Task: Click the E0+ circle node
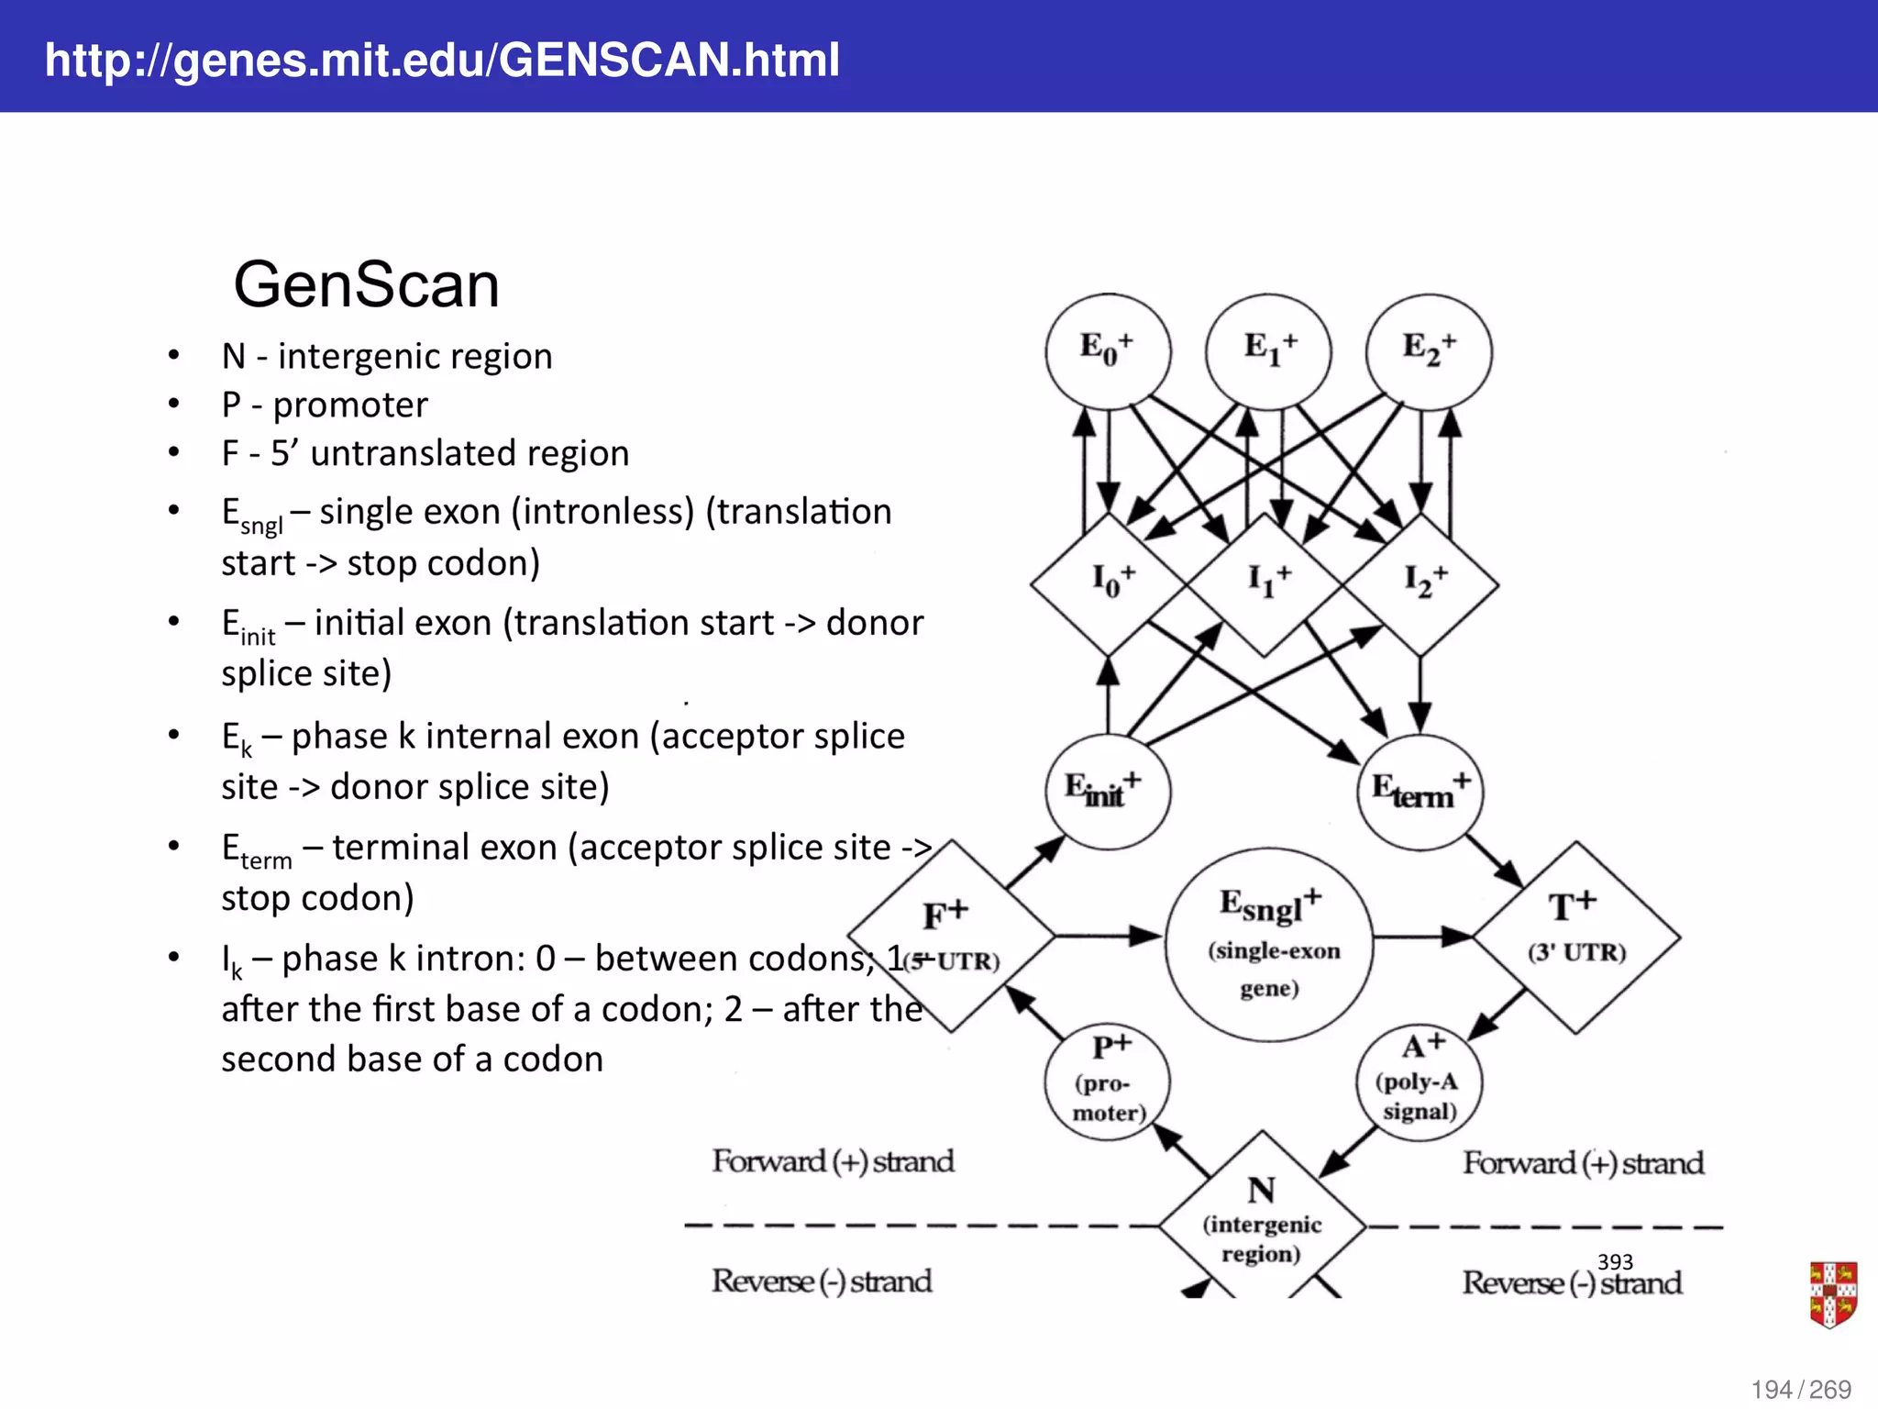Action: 1108,350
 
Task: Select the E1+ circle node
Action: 1268,350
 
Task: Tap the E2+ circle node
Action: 1429,350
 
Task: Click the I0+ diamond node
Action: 1109,583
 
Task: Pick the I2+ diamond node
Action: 1421,583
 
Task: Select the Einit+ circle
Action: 1107,792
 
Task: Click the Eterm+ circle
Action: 1420,792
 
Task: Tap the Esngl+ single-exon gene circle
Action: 1269,945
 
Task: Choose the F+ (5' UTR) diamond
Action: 951,936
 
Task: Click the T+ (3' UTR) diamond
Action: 1576,937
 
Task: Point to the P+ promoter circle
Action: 1108,1082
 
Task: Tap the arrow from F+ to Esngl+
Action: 1110,936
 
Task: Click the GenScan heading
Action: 366,284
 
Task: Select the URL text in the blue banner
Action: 442,60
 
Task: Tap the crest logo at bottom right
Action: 1832,1294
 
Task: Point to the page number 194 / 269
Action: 1800,1389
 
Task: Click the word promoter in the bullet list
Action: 350,405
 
